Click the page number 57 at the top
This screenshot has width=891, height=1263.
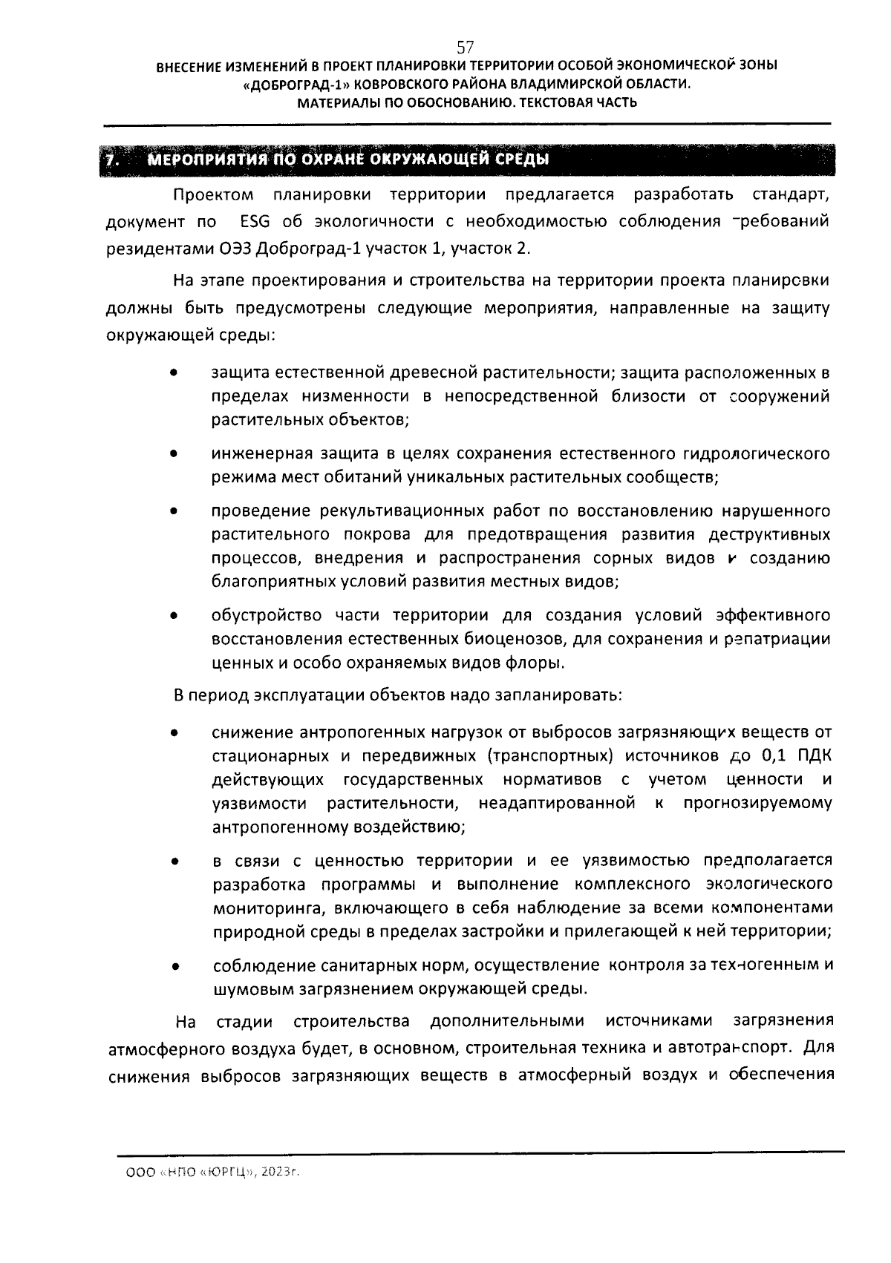coord(466,47)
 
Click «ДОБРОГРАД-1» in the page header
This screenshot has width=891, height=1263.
coord(287,85)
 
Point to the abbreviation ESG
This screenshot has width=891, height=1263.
coord(255,221)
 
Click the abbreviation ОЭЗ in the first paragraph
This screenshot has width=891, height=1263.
coord(236,248)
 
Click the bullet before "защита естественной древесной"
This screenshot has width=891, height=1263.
coord(173,373)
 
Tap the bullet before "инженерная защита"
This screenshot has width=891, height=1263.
coord(173,453)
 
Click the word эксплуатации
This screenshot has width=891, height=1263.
coord(310,696)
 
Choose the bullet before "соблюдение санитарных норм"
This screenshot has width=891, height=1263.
coord(173,966)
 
